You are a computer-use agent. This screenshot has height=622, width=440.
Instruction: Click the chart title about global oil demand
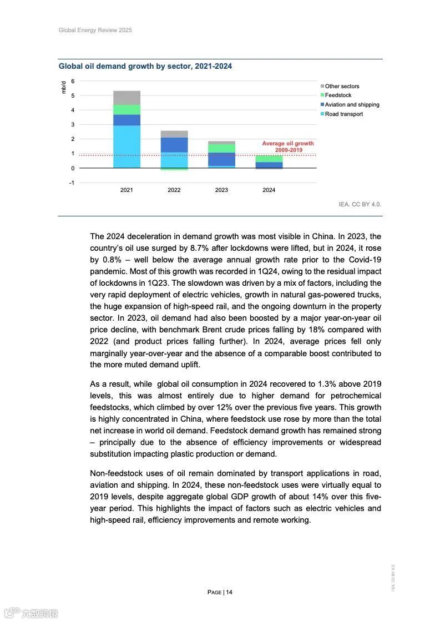(145, 67)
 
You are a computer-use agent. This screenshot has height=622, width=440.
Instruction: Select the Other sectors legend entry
(342, 87)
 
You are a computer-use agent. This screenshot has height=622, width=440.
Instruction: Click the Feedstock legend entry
(338, 95)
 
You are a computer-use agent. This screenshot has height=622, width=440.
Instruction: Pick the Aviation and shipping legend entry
(352, 105)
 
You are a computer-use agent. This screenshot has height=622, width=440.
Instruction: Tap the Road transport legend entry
(343, 114)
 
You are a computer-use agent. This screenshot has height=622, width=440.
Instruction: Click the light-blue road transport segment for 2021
(127, 146)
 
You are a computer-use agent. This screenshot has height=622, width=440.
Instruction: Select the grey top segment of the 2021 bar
(127, 98)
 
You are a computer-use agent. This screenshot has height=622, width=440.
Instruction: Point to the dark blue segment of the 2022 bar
(174, 144)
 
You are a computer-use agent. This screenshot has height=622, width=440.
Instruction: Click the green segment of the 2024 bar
(269, 159)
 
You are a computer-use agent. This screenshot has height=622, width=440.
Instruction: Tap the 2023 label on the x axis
(221, 190)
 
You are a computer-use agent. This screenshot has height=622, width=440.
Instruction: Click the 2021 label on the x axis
(127, 190)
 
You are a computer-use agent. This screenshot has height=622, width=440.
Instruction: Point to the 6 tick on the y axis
(73, 82)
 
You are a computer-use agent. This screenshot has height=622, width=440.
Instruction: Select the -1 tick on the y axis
(72, 183)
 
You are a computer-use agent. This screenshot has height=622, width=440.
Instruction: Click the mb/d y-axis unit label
(64, 87)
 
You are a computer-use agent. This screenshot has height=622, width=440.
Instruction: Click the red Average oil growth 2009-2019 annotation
(288, 147)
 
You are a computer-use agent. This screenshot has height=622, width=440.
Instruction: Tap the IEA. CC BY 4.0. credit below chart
(360, 205)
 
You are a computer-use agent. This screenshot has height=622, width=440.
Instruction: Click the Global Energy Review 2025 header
(95, 30)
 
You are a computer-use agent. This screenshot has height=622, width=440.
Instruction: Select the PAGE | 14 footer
(220, 592)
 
